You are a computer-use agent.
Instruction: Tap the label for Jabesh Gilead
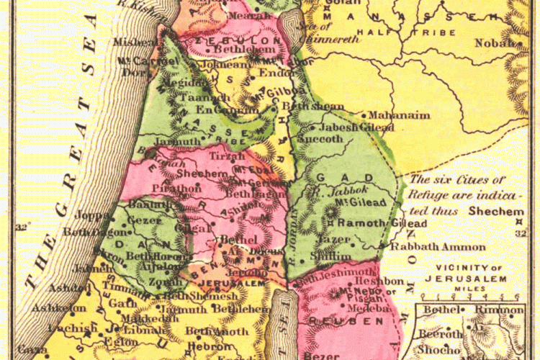point(352,127)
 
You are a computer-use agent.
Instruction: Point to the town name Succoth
point(320,139)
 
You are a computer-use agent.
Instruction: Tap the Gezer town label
point(142,218)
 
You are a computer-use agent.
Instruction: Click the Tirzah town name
point(223,156)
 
